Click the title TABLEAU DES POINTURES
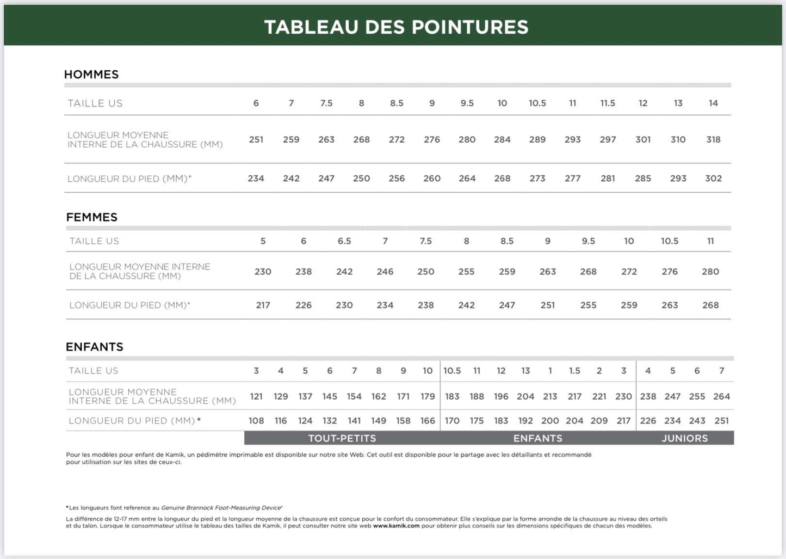[396, 27]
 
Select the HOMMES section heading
[91, 75]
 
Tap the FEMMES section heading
[91, 217]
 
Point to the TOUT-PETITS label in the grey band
[342, 438]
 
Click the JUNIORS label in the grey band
[685, 438]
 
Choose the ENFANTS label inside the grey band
[538, 438]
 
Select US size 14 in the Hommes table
[713, 103]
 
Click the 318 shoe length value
[713, 139]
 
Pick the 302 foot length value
[713, 179]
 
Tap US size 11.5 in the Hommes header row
[608, 103]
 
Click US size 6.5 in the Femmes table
[344, 241]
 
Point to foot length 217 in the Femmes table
[263, 305]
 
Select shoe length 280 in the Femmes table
[710, 272]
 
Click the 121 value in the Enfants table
[256, 396]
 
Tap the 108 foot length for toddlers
[256, 421]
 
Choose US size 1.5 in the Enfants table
[574, 371]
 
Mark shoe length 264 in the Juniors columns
[722, 396]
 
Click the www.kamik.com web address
[396, 526]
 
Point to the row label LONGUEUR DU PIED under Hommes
[129, 179]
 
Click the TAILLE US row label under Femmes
[94, 241]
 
